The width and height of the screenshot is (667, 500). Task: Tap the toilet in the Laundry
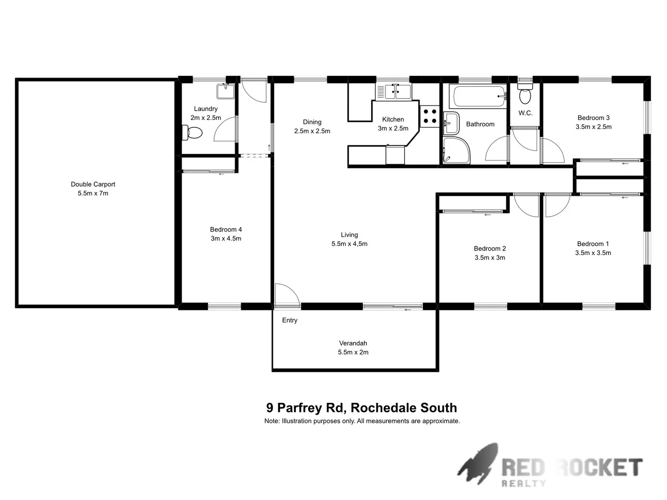(193, 133)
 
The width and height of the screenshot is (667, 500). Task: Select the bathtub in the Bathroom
(479, 96)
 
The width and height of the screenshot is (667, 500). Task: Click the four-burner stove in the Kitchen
(429, 116)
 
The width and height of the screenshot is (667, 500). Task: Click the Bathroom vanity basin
(450, 123)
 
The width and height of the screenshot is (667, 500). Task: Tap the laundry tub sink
(226, 91)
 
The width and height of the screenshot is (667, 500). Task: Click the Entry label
(289, 320)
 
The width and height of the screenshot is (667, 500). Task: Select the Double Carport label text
(93, 184)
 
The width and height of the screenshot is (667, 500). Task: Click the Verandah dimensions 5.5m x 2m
(353, 352)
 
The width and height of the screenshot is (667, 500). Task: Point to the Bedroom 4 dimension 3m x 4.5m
(226, 239)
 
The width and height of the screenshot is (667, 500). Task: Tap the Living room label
(349, 235)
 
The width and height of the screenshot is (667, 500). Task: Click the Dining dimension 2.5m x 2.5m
(312, 131)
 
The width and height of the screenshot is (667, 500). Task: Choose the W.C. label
(525, 113)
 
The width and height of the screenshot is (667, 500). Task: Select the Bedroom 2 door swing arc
(525, 205)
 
